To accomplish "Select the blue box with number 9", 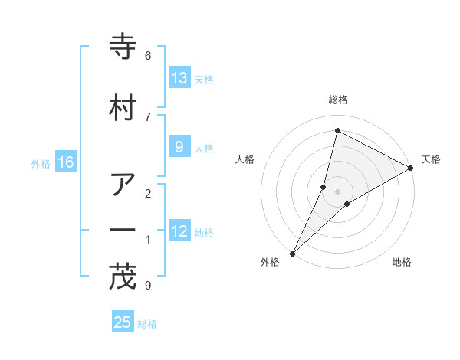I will point(179,147).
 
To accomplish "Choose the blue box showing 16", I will point(65,162).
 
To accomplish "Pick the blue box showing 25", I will point(123,322).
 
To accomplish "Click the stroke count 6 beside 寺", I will point(148,55).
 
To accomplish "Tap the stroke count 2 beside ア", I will point(148,192).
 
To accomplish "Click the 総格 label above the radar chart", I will point(337,100).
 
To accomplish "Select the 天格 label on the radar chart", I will point(431,159).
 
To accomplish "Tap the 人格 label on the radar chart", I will point(245,159).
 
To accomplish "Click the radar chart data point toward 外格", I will point(292,253).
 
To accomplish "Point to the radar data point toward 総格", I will point(337,130).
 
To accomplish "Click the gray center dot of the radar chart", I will point(337,191).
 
